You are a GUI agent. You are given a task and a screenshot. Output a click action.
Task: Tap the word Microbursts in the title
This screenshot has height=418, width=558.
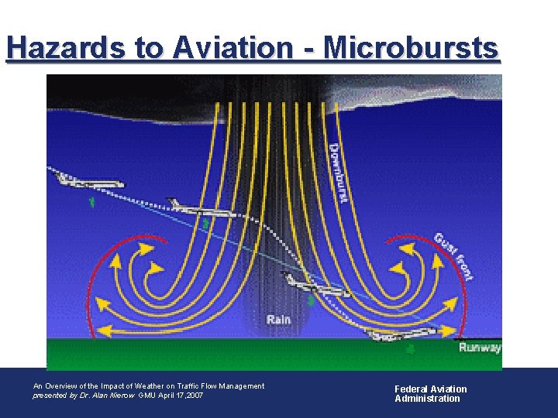point(412,48)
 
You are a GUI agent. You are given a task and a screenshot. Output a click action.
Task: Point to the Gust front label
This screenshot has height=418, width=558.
point(455,256)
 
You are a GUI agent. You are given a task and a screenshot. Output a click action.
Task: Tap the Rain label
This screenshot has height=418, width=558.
point(279,319)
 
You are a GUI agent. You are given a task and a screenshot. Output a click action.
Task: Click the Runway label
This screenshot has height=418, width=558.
point(479,348)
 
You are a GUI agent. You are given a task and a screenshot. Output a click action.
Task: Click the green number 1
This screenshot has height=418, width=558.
point(92,203)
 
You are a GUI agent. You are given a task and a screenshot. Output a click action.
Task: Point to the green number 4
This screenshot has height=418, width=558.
point(410,349)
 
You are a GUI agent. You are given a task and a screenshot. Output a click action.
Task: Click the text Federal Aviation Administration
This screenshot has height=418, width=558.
point(430,394)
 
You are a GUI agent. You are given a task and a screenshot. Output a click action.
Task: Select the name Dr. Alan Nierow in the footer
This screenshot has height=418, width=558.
point(103,396)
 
